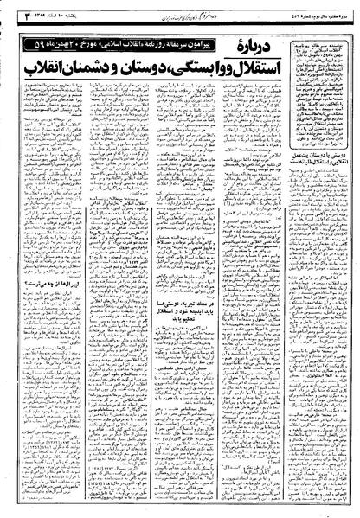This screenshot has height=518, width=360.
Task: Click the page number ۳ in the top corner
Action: [x=11, y=10]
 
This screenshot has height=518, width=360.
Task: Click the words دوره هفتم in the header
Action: [x=343, y=10]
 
